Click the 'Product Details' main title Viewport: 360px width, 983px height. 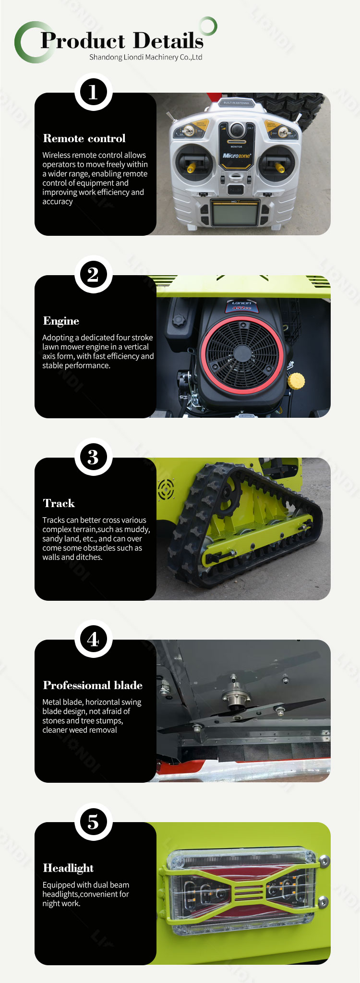(x=122, y=41)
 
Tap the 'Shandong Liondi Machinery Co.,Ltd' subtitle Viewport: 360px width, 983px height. (x=145, y=57)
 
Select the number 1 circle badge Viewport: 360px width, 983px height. (x=93, y=92)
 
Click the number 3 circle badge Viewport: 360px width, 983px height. (x=93, y=457)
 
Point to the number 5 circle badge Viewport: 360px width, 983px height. (x=93, y=822)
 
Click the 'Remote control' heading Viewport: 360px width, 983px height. (x=84, y=138)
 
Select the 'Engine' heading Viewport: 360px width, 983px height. (x=61, y=321)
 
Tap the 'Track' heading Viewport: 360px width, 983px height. (x=59, y=503)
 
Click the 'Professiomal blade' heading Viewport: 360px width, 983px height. (x=93, y=685)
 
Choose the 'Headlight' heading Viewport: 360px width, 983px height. (x=68, y=868)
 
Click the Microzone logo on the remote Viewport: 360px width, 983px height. (x=236, y=156)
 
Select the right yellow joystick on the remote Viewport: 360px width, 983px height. (x=279, y=167)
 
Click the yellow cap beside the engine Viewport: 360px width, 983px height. (x=296, y=381)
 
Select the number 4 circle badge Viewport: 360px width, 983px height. (x=93, y=639)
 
